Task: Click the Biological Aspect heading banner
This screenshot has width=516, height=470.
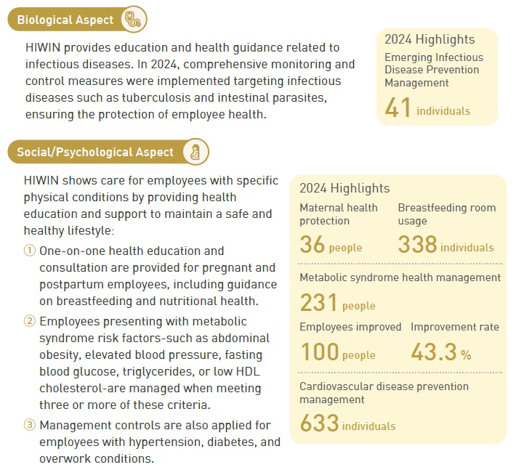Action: (65, 20)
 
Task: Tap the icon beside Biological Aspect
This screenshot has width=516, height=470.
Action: (135, 19)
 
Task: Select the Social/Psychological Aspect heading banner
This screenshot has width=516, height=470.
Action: (95, 152)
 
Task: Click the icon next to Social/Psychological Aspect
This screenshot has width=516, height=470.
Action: (195, 152)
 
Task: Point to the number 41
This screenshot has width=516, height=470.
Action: (398, 108)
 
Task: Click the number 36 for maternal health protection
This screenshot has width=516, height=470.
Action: (312, 245)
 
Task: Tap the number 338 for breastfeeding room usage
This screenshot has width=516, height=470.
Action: (417, 245)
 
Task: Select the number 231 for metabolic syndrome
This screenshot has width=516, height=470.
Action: (318, 302)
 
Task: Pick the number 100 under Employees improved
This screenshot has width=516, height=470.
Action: (319, 352)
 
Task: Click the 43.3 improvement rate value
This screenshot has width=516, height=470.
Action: (434, 352)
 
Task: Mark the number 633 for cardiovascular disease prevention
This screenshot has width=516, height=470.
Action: (319, 423)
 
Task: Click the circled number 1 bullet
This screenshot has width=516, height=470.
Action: (29, 251)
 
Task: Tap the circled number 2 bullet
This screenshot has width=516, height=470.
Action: (29, 321)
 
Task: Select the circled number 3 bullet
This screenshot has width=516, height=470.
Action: (29, 425)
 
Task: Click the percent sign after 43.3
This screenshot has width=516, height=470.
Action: (466, 355)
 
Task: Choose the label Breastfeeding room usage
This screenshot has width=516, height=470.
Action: (446, 214)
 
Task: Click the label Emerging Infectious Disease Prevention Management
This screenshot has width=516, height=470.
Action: (433, 70)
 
